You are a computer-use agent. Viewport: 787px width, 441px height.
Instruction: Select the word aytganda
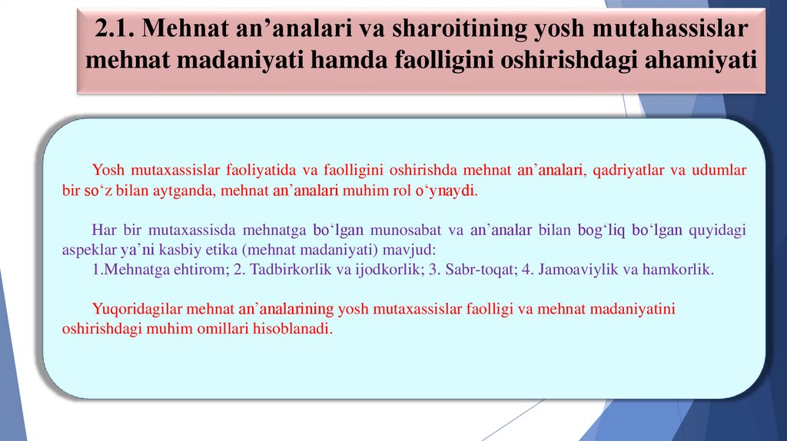click(x=183, y=191)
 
